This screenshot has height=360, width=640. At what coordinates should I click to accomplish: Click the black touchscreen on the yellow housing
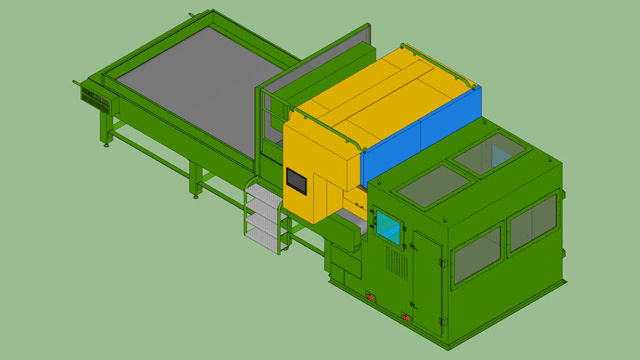pyautogui.click(x=296, y=181)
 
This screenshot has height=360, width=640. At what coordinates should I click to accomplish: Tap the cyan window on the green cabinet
pyautogui.click(x=388, y=227)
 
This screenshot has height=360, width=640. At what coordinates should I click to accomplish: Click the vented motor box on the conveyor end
pyautogui.click(x=96, y=100)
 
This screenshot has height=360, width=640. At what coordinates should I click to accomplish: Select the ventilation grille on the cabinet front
pyautogui.click(x=396, y=264)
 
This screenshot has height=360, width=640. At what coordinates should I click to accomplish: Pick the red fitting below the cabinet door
pyautogui.click(x=406, y=319)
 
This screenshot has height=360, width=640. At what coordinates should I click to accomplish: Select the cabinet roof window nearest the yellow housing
pyautogui.click(x=433, y=186)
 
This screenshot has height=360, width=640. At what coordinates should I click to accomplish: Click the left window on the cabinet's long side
pyautogui.click(x=478, y=255)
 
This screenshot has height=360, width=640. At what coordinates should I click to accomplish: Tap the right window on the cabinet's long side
pyautogui.click(x=532, y=222)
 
